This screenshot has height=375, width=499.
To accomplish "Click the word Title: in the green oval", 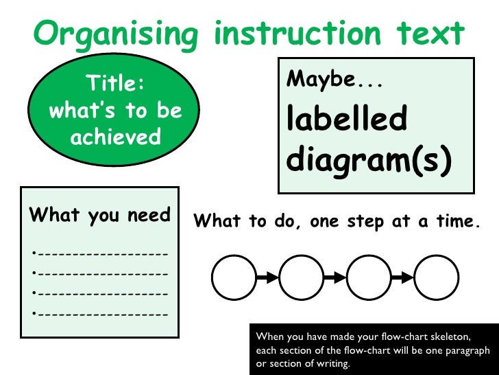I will (x=114, y=84).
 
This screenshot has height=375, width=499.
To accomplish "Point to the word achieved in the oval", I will (x=115, y=137).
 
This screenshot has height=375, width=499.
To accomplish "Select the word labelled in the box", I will (x=346, y=118).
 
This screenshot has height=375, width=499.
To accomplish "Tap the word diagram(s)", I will (x=369, y=159).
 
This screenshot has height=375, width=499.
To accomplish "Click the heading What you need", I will (x=99, y=215).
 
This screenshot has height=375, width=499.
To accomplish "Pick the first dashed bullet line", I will (x=100, y=254).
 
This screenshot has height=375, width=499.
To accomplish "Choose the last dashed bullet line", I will (x=100, y=314).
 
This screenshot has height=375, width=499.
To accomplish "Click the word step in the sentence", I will (x=362, y=221).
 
